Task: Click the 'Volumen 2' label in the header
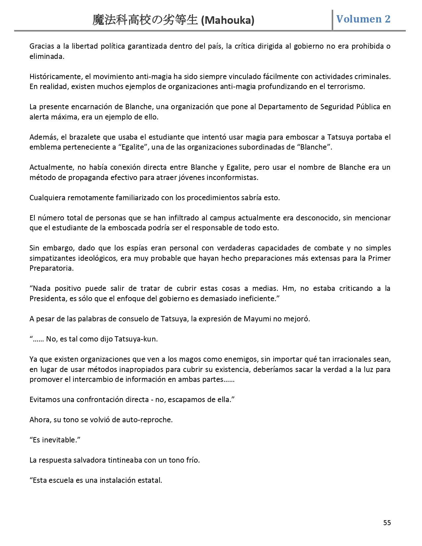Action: [x=363, y=19]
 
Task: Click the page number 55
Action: [x=387, y=523]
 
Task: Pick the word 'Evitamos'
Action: [x=44, y=399]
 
